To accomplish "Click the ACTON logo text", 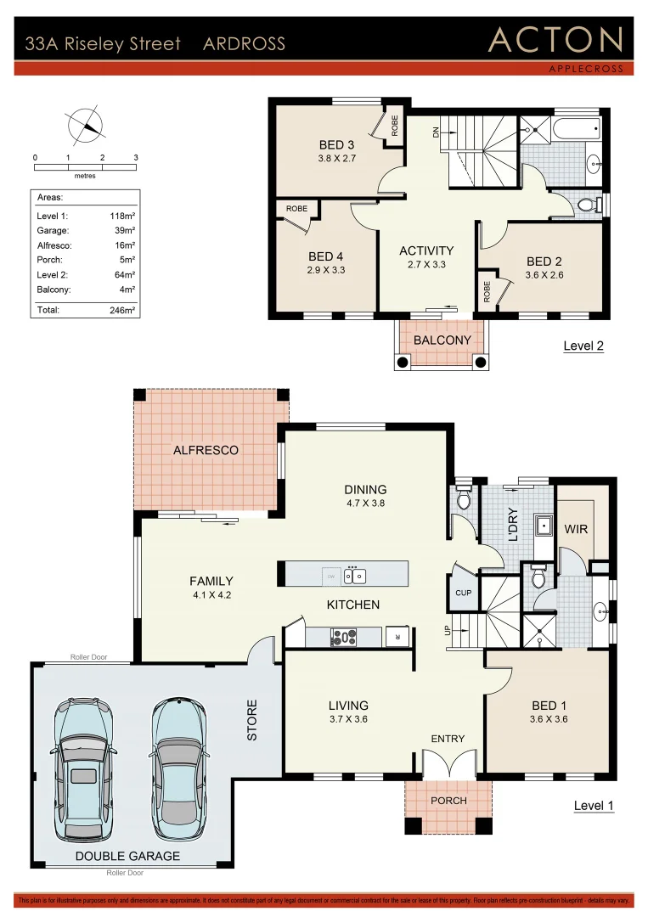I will pos(555,40).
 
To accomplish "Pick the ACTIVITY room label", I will pos(426,250).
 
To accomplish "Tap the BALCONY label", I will pos(442,340).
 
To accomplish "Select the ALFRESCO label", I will pos(206,450).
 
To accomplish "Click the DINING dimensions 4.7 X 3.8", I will pos(365,504).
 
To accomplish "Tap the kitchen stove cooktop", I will pos(344,634).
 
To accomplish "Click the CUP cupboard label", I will pos(463,593).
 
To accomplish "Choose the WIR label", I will pos(576,528).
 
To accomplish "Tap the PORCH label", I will pos(448,801).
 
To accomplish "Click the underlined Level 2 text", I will pos(583,346).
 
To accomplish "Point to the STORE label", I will pos(252,719).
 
